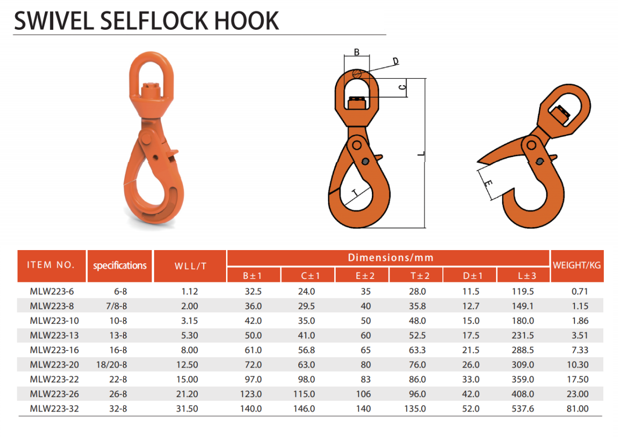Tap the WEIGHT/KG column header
[576, 265]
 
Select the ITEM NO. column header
[51, 265]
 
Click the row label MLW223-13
[54, 335]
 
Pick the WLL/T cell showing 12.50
[187, 365]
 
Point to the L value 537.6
[523, 409]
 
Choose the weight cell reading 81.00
[577, 409]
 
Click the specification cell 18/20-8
[112, 365]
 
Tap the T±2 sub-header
[420, 276]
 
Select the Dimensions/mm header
[390, 257]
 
